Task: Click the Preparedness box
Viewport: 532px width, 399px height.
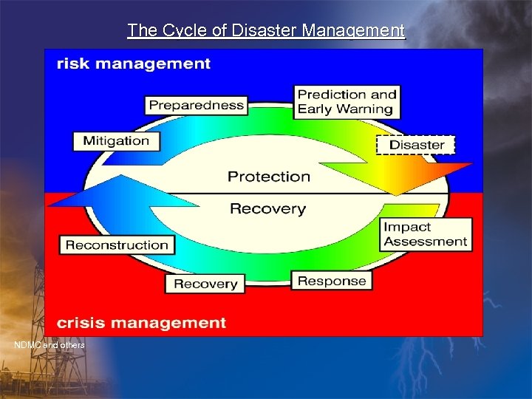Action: tap(196, 105)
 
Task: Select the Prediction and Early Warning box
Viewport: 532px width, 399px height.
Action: tap(347, 102)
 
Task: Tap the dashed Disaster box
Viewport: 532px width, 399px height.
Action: tap(416, 145)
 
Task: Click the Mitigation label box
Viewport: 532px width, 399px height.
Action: tap(116, 141)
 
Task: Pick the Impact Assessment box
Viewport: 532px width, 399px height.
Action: tap(426, 234)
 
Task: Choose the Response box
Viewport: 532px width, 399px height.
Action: tap(332, 281)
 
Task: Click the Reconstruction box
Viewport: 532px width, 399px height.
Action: tap(117, 245)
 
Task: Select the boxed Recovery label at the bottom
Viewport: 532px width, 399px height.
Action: tap(205, 284)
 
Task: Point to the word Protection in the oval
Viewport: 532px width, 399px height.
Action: tap(269, 177)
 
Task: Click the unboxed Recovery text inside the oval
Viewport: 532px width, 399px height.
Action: tap(267, 209)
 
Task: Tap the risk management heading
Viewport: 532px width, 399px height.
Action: tap(134, 64)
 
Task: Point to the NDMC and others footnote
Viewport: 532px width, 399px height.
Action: tap(50, 345)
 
